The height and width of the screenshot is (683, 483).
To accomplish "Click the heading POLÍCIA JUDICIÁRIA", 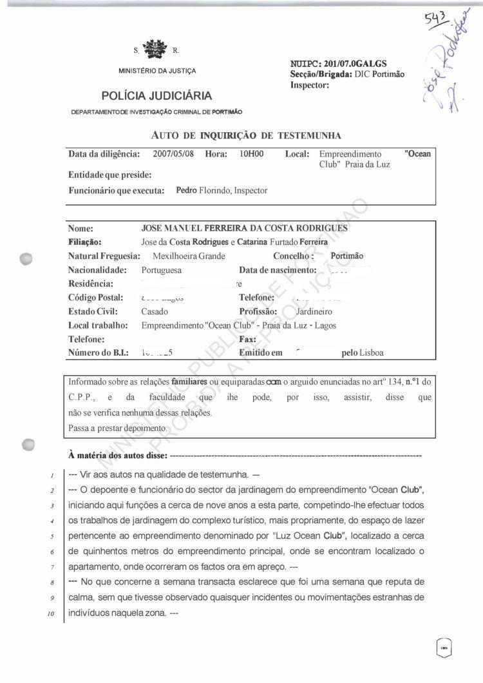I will point(156,96).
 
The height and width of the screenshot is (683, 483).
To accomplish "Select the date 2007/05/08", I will point(173,155).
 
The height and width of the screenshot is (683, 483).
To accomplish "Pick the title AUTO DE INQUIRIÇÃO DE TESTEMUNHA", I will point(246,135).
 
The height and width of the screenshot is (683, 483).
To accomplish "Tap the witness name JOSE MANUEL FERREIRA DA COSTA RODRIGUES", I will point(244,229).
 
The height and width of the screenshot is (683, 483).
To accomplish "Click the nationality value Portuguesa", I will point(161,270).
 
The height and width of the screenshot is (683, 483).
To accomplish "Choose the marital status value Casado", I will point(155,311).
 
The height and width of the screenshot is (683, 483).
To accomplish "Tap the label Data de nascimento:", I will point(278,270).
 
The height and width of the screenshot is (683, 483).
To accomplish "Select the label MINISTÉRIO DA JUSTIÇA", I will point(157,71).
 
